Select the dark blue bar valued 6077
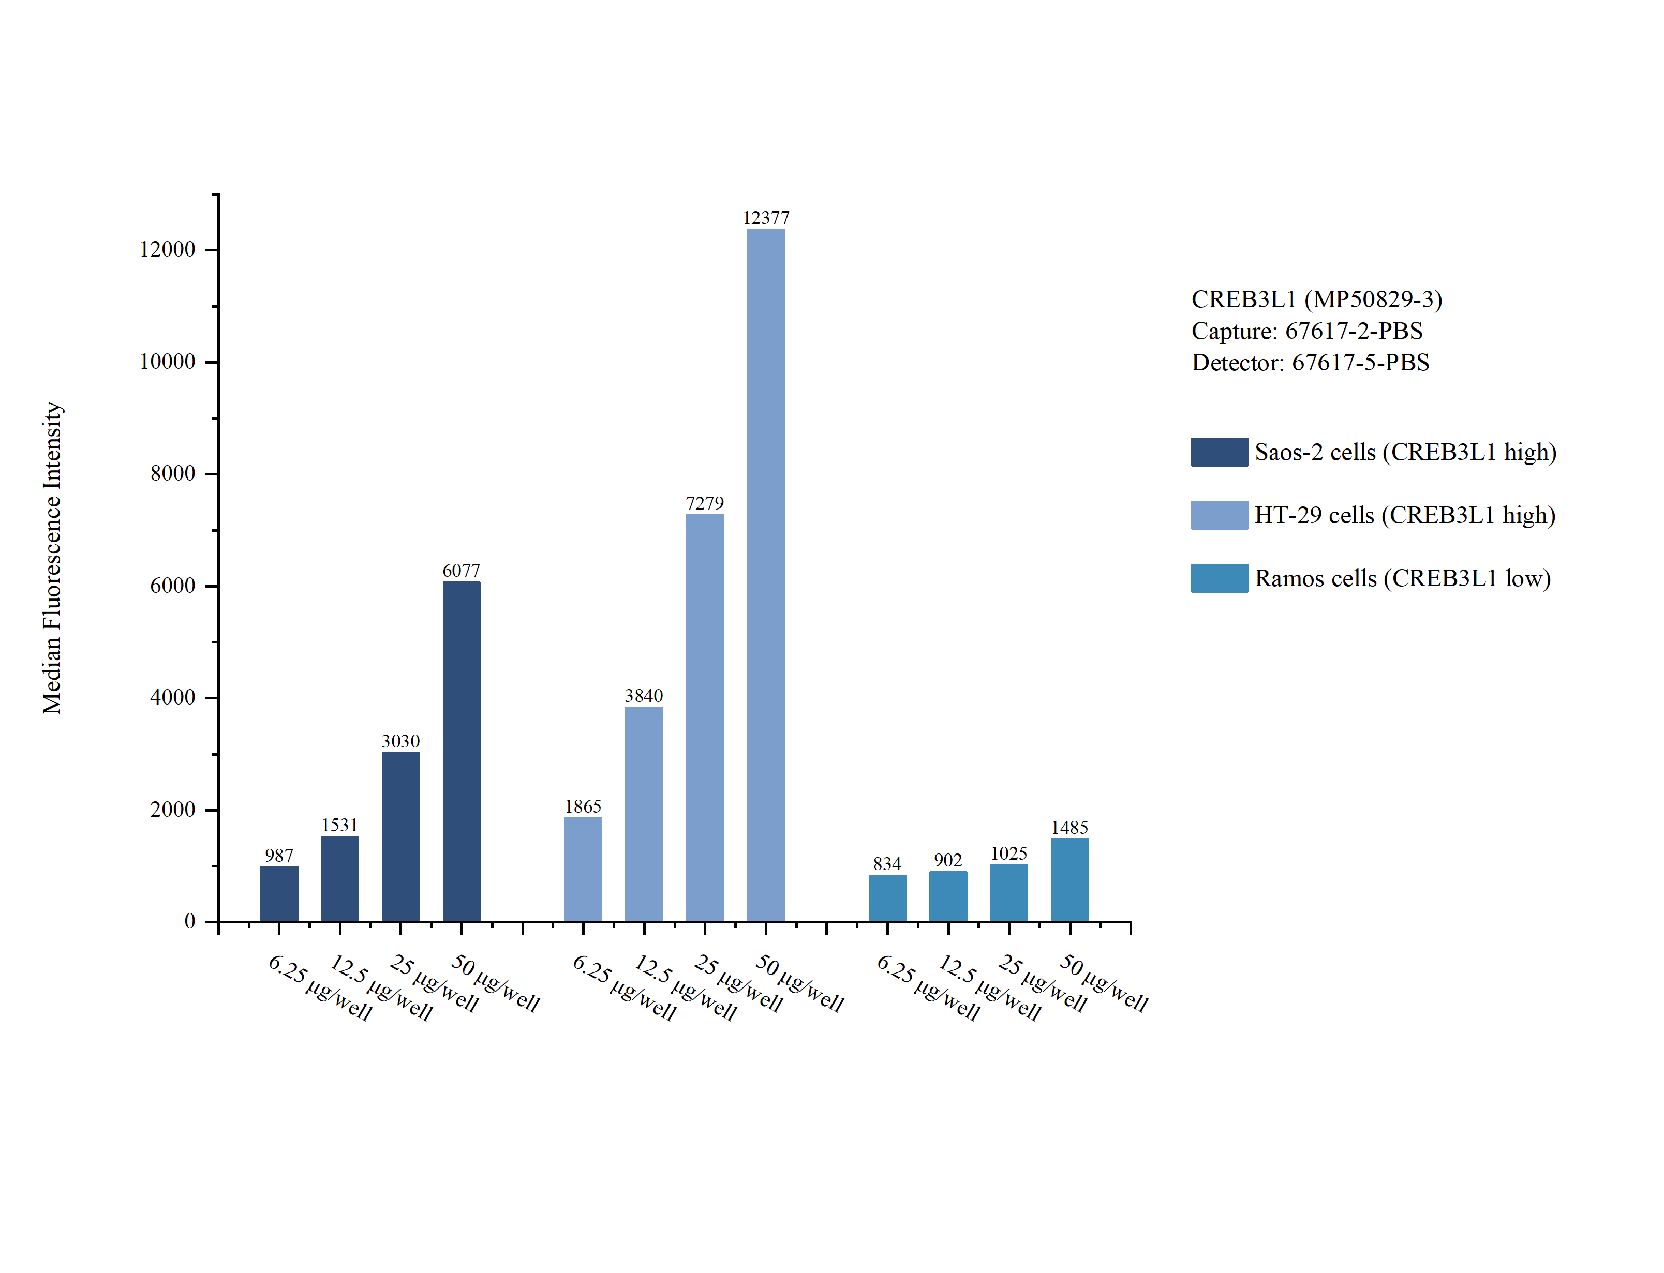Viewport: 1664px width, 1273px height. coord(462,751)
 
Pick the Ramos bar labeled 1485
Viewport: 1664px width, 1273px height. coord(1069,880)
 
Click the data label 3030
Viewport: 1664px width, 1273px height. coord(400,741)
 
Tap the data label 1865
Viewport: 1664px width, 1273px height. coord(583,806)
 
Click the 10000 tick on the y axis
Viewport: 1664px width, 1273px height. coord(168,362)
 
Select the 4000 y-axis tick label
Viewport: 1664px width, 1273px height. coord(173,697)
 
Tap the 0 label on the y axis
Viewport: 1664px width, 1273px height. coord(189,921)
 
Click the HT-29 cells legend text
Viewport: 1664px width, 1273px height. coord(1404,515)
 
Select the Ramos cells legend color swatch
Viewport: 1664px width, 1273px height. coord(1219,578)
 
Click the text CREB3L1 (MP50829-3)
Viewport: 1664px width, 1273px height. coord(1316,299)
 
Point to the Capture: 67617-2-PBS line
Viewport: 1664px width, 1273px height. coord(1306,331)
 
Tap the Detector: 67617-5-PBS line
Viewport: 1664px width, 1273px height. coord(1310,363)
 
